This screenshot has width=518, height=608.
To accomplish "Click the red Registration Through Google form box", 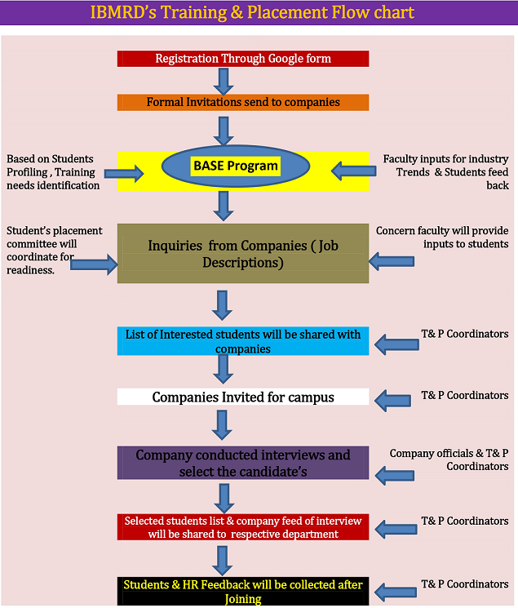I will pos(243,59).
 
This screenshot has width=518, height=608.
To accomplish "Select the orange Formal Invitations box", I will pos(243,103).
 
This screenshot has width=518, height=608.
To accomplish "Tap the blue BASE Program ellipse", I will pos(235,166).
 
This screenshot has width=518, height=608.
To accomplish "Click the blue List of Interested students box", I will pos(243,341).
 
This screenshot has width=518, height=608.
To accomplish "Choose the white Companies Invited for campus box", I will pos(243,397).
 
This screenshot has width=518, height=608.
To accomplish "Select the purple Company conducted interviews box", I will pos(243,463).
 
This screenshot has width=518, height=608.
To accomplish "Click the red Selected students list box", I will pos(243,527).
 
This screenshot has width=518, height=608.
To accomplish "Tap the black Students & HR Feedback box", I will pos(243,591).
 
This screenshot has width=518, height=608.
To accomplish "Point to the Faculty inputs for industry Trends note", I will pos(445,171).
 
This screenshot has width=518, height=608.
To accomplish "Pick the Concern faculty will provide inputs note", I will pos(442,237).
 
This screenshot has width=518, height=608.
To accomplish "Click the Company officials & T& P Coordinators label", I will pos(449,459).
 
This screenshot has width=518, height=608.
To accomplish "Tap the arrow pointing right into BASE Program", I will pos(124,173).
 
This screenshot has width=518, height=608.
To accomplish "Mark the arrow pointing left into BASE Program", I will pos(353,172).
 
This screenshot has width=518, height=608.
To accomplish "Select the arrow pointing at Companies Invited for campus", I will pos(392,399).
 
